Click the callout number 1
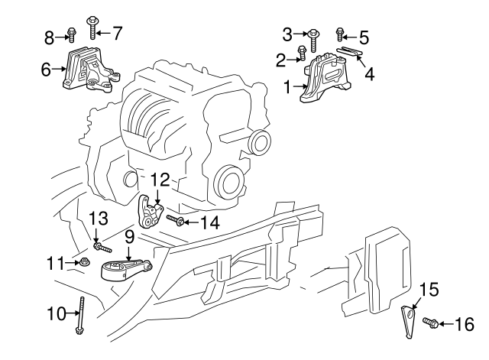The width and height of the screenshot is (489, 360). pyautogui.click(x=288, y=89)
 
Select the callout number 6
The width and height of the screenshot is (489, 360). pyautogui.click(x=47, y=69)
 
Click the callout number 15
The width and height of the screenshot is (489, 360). pyautogui.click(x=429, y=290)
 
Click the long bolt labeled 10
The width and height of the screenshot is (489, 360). pyautogui.click(x=80, y=316)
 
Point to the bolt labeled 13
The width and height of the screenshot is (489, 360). pyautogui.click(x=102, y=246)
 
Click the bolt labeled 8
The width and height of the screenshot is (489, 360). pyautogui.click(x=71, y=34)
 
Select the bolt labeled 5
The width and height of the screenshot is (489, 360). pyautogui.click(x=341, y=34)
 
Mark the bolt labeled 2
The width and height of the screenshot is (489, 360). pyautogui.click(x=302, y=54)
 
